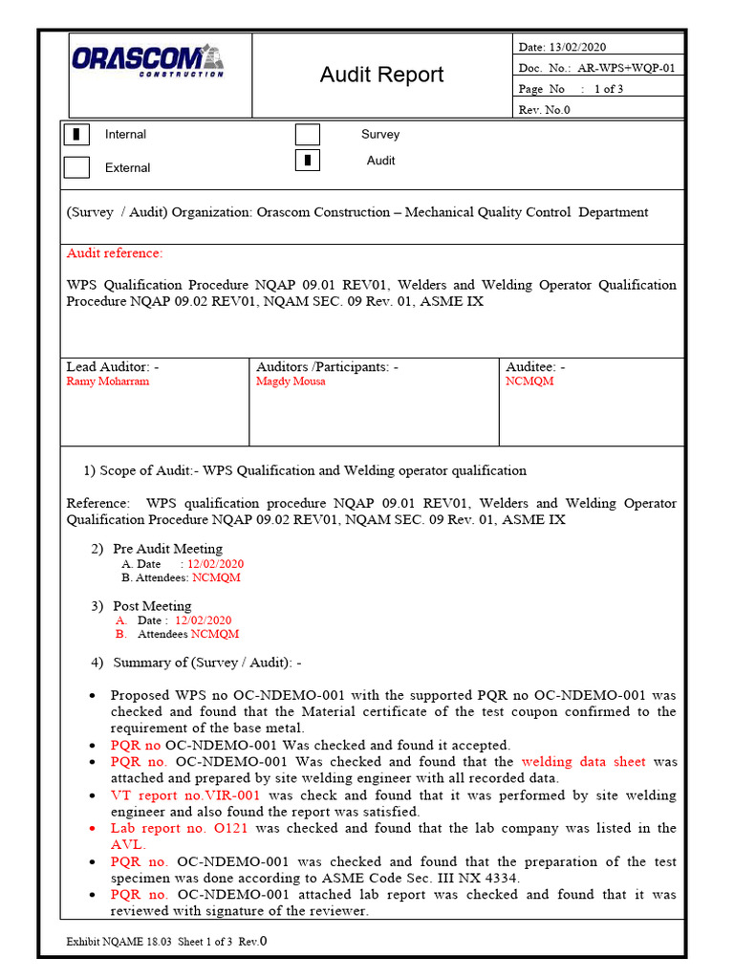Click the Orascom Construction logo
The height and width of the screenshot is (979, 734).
pyautogui.click(x=148, y=60)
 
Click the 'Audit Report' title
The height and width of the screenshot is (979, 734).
pyautogui.click(x=381, y=75)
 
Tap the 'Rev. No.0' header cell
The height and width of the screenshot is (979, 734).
pyautogui.click(x=544, y=109)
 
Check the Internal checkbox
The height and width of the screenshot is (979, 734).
pyautogui.click(x=76, y=135)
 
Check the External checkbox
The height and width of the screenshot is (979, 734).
pyautogui.click(x=76, y=167)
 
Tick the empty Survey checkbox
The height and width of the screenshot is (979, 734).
pyautogui.click(x=307, y=135)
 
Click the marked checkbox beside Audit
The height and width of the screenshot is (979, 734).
pyautogui.click(x=307, y=161)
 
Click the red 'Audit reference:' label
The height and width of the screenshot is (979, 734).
pyautogui.click(x=115, y=253)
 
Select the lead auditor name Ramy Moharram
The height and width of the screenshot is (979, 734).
pyautogui.click(x=107, y=381)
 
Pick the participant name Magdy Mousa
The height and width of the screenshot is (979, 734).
pyautogui.click(x=291, y=381)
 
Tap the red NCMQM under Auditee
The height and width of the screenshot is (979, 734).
pyautogui.click(x=529, y=381)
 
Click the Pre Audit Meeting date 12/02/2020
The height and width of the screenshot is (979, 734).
pyautogui.click(x=215, y=564)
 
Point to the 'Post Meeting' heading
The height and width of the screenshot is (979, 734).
pyautogui.click(x=152, y=606)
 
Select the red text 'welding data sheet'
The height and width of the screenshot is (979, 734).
pyautogui.click(x=584, y=762)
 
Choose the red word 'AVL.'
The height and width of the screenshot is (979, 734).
pyautogui.click(x=128, y=844)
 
